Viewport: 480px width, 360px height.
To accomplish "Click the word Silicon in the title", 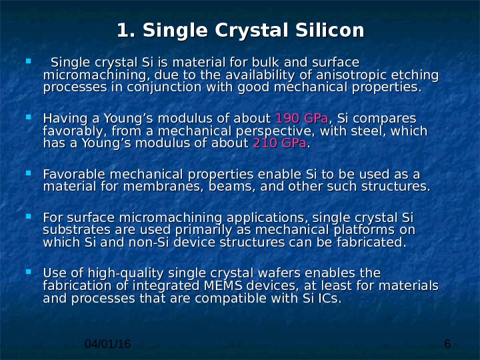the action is (330, 30).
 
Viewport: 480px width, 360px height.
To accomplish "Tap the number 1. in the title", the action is (126, 30).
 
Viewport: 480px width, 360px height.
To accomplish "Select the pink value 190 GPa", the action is (302, 118).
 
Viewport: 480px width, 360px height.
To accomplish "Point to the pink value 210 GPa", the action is (279, 143).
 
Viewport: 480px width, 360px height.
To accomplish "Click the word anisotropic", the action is (351, 75).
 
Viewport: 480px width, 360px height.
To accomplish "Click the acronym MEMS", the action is (223, 285).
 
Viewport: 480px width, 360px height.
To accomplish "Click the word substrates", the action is (77, 230).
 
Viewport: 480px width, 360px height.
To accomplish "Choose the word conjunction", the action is (164, 87).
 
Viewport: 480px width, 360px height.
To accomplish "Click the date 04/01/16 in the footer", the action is (107, 344).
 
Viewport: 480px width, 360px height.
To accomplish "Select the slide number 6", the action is (447, 344).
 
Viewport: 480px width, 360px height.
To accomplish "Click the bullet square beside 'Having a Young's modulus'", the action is (29, 117).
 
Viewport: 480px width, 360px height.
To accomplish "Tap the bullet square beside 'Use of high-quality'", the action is (29, 271).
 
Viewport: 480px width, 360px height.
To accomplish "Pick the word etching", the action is (415, 75).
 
